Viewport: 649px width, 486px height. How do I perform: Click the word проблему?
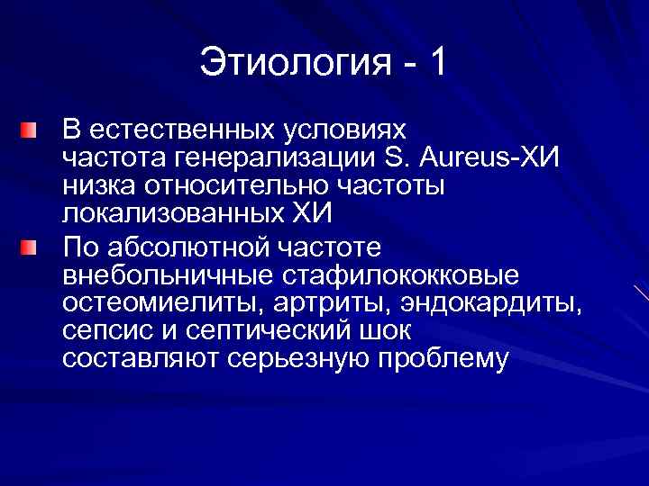coord(440,360)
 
